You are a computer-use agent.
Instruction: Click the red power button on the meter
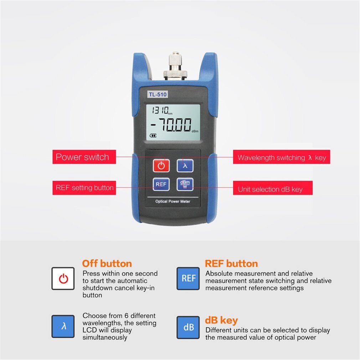point(161,165)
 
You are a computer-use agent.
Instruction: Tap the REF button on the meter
point(161,184)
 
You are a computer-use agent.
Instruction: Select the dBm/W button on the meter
point(185,184)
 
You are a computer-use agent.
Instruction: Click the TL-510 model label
point(158,94)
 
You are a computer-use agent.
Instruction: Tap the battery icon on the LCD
point(153,135)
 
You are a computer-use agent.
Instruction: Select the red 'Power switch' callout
point(84,157)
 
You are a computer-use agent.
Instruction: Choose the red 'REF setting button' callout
point(84,188)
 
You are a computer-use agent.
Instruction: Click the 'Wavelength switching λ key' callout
point(281,158)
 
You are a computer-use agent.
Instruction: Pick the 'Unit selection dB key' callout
point(272,189)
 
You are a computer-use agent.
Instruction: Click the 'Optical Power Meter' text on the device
point(173,201)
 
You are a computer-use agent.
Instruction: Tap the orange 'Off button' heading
point(107,264)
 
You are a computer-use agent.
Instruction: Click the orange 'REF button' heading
point(231,264)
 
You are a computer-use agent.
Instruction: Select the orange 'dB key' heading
point(221,320)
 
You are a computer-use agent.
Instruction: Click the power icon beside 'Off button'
point(63,278)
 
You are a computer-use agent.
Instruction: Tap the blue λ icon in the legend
point(63,326)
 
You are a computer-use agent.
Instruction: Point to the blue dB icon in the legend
point(188,327)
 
